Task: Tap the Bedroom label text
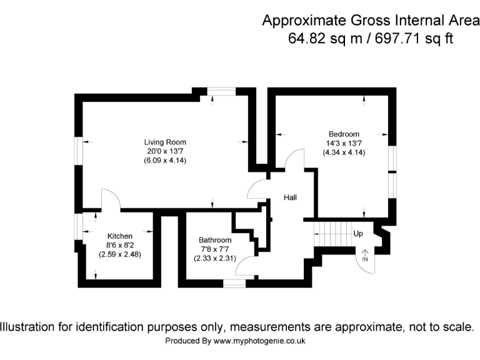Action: pyautogui.click(x=344, y=134)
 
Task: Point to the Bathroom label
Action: pyautogui.click(x=215, y=240)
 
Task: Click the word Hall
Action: pyautogui.click(x=290, y=197)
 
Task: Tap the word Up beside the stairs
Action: pyautogui.click(x=358, y=234)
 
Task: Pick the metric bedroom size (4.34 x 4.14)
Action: pyautogui.click(x=344, y=152)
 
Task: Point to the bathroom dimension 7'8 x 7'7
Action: pyautogui.click(x=215, y=249)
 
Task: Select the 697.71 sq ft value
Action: pyautogui.click(x=414, y=38)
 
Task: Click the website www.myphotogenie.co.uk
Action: pyautogui.click(x=259, y=341)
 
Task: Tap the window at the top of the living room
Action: pyautogui.click(x=222, y=92)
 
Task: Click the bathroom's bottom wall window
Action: pyautogui.click(x=235, y=284)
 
